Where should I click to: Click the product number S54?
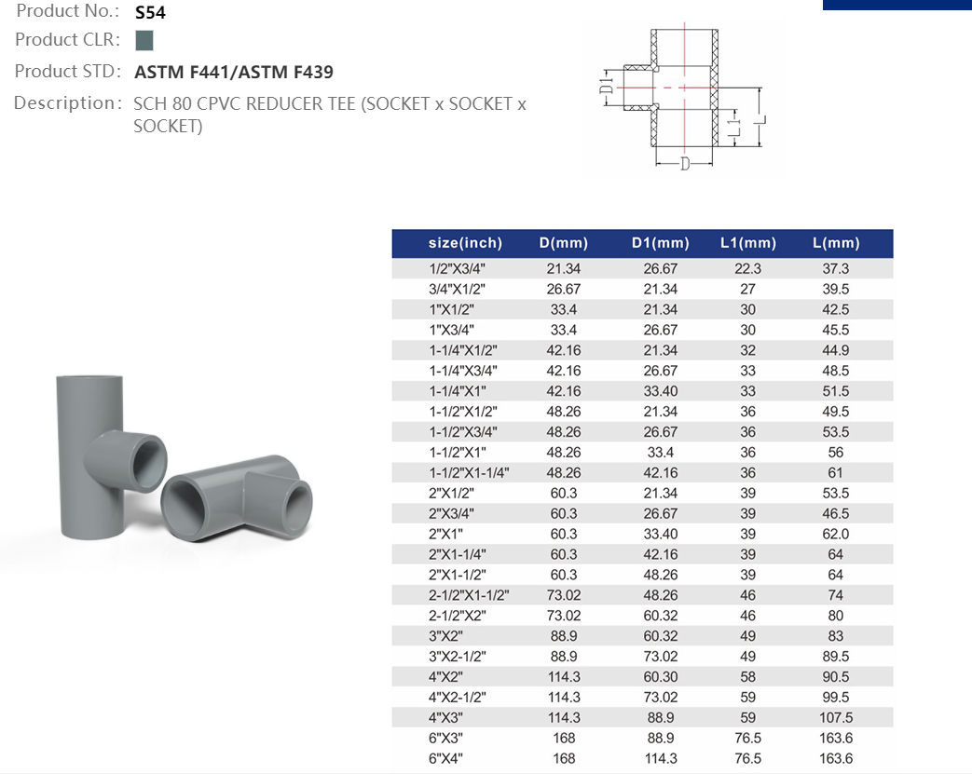pos(150,12)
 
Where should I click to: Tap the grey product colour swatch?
pos(144,40)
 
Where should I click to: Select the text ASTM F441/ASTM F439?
pos(234,73)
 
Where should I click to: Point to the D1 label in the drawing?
pos(607,82)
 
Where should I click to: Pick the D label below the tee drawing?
pos(684,164)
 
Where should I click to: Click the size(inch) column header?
pos(465,243)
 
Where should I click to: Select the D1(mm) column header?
pos(660,243)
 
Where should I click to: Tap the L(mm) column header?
pos(836,243)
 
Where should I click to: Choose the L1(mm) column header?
pos(748,243)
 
